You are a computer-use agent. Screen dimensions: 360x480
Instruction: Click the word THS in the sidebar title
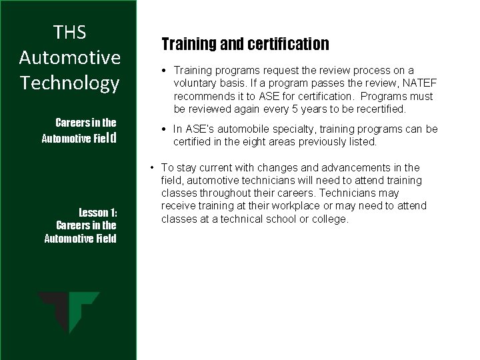70,32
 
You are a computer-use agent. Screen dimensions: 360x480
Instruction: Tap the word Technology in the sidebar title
70,83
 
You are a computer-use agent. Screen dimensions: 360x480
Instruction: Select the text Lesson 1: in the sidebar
98,213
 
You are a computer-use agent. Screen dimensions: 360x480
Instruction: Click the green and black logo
69,313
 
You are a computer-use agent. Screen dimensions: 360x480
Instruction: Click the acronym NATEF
397,83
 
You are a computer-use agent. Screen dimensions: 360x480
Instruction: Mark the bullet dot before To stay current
153,168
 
